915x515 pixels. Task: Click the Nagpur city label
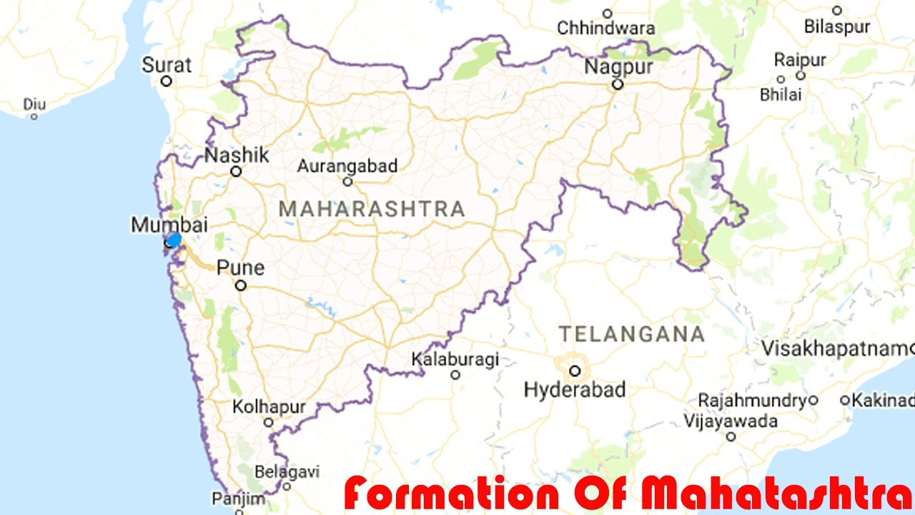click(619, 67)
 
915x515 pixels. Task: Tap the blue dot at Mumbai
click(173, 240)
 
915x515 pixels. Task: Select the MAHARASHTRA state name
click(372, 209)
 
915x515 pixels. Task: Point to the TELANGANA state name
click(631, 334)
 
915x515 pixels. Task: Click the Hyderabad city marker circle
click(575, 371)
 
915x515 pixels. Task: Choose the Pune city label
click(240, 268)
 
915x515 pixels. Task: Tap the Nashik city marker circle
click(236, 172)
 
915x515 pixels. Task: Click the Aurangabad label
click(347, 166)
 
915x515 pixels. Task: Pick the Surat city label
click(167, 65)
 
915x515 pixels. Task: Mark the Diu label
click(34, 104)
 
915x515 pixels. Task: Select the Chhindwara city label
click(606, 29)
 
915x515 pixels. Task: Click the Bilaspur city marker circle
click(837, 11)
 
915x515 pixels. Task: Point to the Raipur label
click(800, 59)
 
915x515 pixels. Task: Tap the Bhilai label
click(781, 94)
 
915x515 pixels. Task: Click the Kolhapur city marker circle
click(269, 423)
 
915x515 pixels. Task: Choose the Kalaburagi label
click(455, 359)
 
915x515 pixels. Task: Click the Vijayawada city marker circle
click(731, 436)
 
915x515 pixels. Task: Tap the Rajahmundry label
click(753, 400)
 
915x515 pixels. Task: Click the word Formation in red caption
click(450, 494)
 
